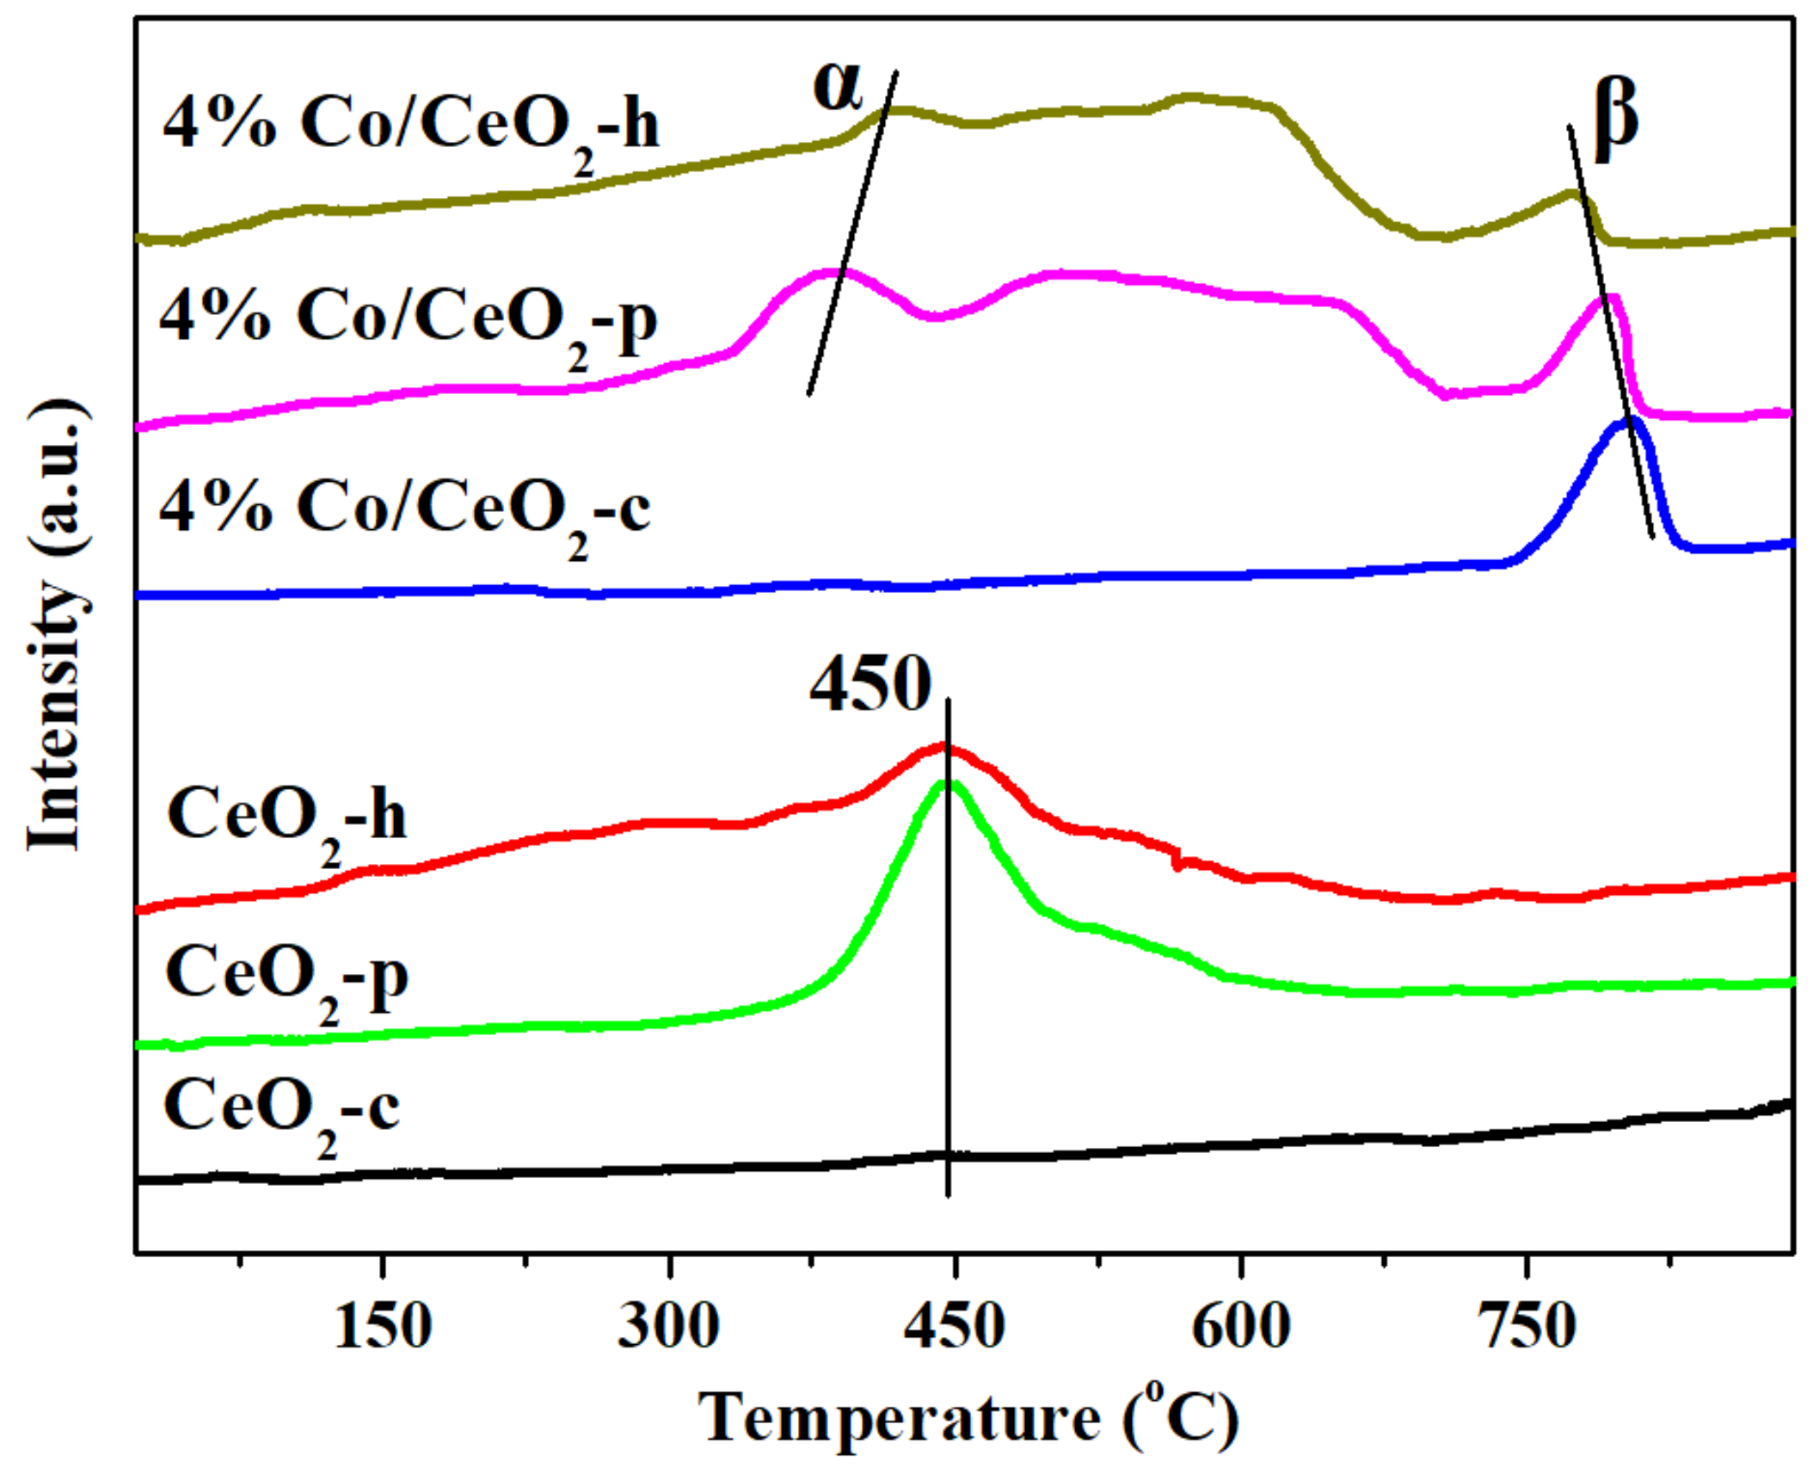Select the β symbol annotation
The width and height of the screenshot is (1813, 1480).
pos(1615,118)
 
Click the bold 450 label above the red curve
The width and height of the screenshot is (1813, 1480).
pos(870,684)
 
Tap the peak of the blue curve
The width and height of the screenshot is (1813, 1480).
pos(1628,421)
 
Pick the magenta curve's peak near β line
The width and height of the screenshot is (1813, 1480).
pos(1607,298)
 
